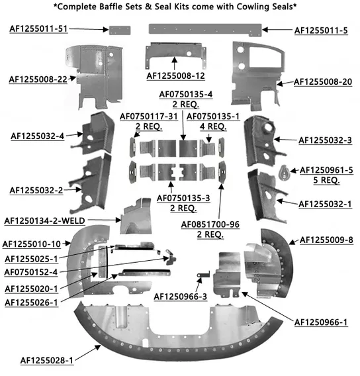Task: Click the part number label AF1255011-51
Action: click(38, 28)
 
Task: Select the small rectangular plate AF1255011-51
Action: click(120, 30)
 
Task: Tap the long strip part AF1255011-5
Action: click(205, 30)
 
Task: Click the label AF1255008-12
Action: click(175, 75)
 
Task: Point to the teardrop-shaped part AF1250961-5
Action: click(285, 172)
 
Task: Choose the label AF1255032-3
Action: click(325, 140)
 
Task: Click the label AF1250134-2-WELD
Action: click(45, 220)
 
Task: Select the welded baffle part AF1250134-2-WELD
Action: click(136, 216)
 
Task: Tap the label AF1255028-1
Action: click(47, 360)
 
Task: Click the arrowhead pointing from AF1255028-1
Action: click(98, 347)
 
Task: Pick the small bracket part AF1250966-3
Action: click(203, 275)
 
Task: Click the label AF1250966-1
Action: click(321, 322)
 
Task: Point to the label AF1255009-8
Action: click(326, 240)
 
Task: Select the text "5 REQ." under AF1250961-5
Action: click(326, 180)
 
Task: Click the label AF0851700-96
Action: click(210, 224)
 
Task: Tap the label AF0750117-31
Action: click(149, 117)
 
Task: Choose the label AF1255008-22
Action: click(38, 79)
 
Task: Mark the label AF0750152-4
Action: click(31, 272)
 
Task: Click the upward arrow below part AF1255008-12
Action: click(175, 64)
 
